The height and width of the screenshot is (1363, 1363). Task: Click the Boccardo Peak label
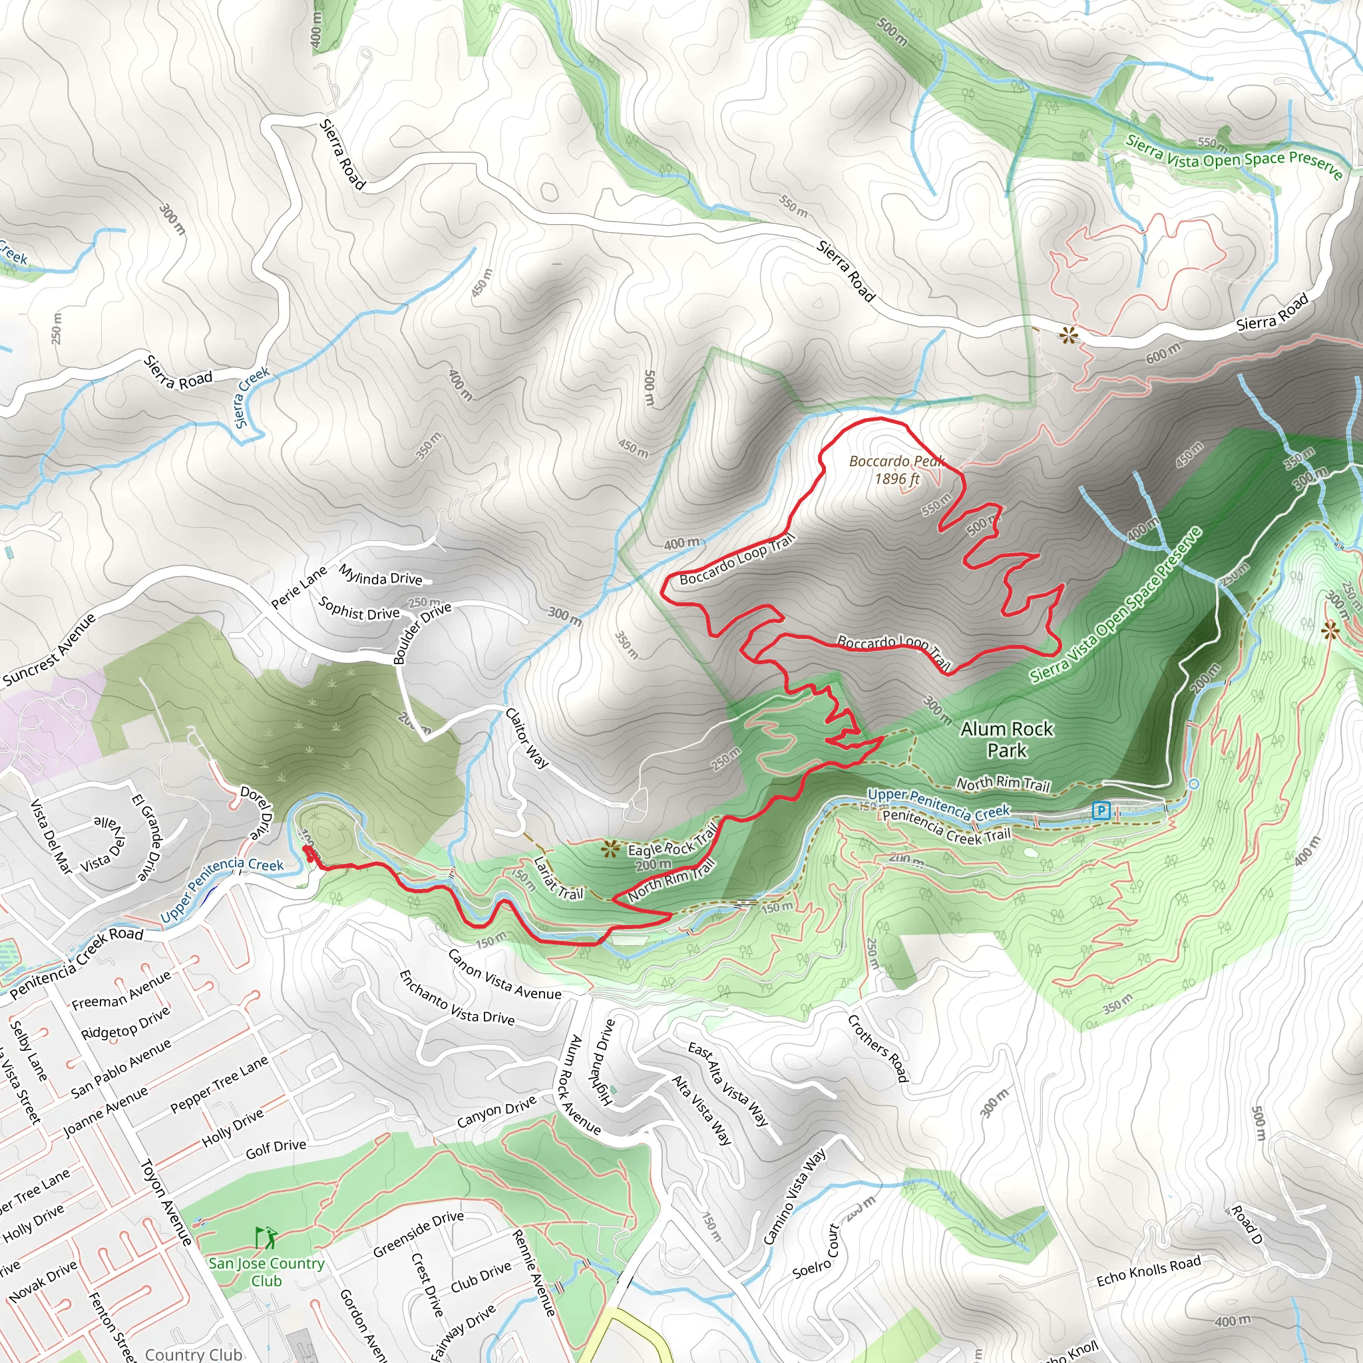[x=896, y=470]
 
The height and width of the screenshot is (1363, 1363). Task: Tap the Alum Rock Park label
[x=1007, y=739]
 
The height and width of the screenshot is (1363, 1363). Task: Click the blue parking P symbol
[x=1101, y=811]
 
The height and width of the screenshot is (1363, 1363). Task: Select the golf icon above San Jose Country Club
[x=266, y=1237]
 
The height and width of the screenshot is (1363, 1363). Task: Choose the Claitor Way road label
[x=527, y=738]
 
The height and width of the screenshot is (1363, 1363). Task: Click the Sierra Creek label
[x=252, y=397]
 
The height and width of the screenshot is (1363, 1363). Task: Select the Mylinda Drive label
[x=380, y=575]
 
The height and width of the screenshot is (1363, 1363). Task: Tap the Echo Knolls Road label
[x=1149, y=1270]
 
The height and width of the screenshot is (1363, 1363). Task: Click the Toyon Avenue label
[x=166, y=1201]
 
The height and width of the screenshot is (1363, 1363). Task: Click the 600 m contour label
[x=1163, y=353]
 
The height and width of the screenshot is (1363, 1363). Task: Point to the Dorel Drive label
[x=257, y=813]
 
